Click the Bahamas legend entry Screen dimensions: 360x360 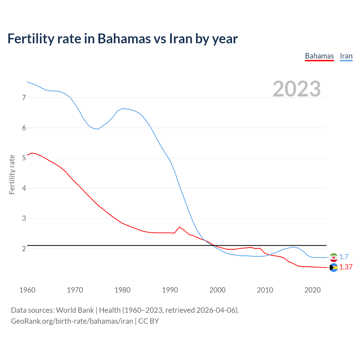(319, 56)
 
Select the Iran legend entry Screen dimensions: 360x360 (346, 56)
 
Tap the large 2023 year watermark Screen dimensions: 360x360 (297, 89)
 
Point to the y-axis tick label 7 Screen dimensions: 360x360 (24, 98)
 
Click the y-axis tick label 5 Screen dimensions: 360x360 (24, 158)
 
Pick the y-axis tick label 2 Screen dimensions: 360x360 (24, 249)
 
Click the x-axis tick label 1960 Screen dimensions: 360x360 (27, 290)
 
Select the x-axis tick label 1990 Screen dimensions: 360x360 (170, 290)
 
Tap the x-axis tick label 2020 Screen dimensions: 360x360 (312, 290)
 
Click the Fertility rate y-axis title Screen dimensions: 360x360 (12, 174)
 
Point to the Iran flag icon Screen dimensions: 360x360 (334, 257)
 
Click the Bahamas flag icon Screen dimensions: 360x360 (334, 268)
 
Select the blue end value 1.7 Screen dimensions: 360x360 (344, 257)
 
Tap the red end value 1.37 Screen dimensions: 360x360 (346, 267)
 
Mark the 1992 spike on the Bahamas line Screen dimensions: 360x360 (179, 227)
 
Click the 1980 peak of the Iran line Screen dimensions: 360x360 (122, 109)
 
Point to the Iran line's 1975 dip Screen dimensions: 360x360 (98, 129)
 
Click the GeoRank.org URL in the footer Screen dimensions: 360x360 (72, 321)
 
